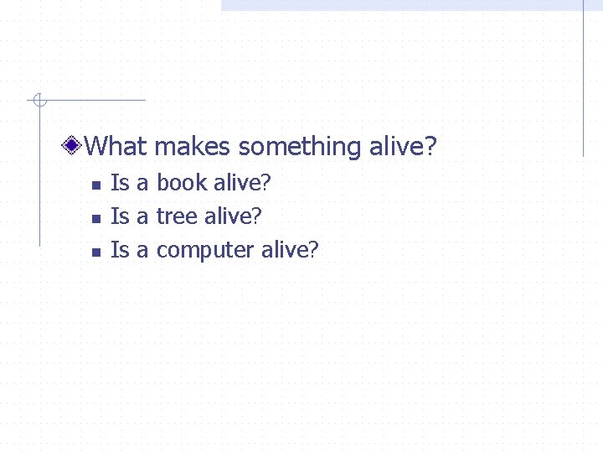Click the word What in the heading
[x=116, y=147]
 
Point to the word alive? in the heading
[x=403, y=147]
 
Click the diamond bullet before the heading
[x=74, y=147]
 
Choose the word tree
[x=176, y=216]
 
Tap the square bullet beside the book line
[x=95, y=185]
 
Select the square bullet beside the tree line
[x=95, y=218]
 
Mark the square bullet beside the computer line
[x=95, y=252]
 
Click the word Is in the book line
[x=120, y=182]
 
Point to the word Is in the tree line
[x=120, y=216]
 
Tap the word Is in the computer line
[x=120, y=249]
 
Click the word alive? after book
[x=243, y=182]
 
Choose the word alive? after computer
[x=290, y=249]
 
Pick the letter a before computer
[x=142, y=250]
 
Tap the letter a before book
[x=142, y=183]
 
